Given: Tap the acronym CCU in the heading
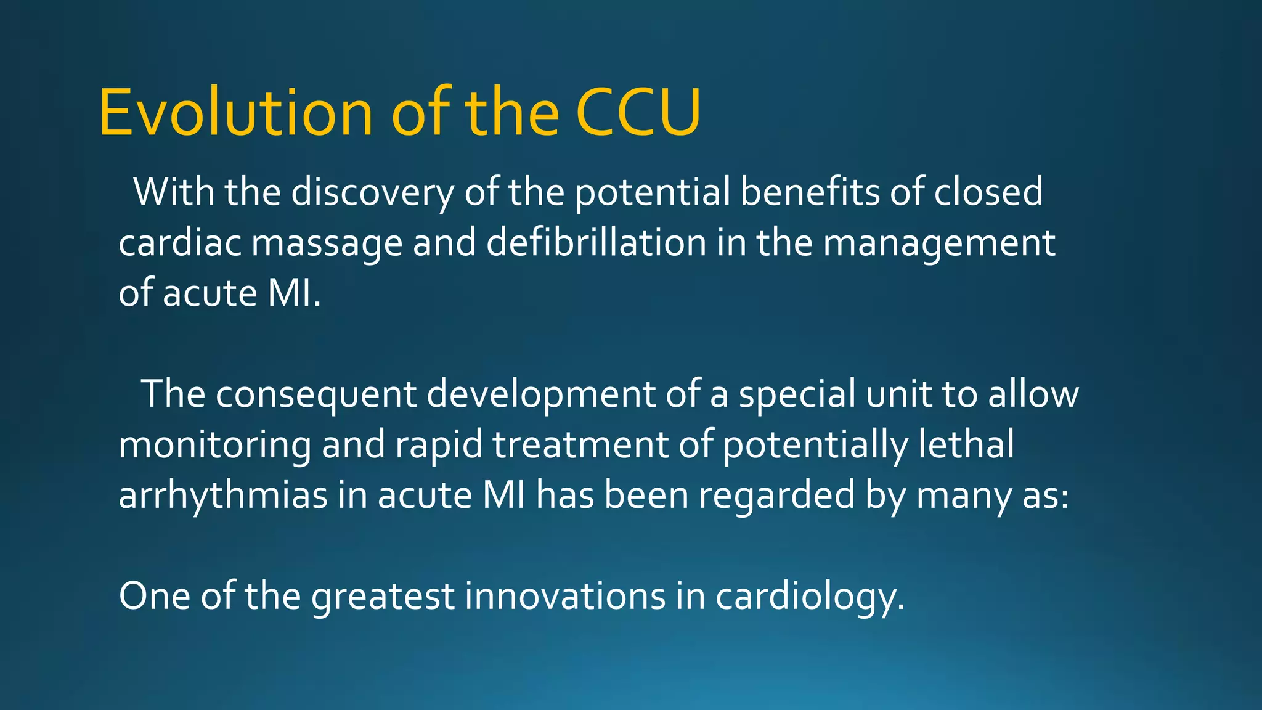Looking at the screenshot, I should click(x=638, y=113).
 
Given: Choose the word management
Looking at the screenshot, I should click(x=939, y=244).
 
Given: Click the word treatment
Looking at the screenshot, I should click(x=580, y=445).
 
